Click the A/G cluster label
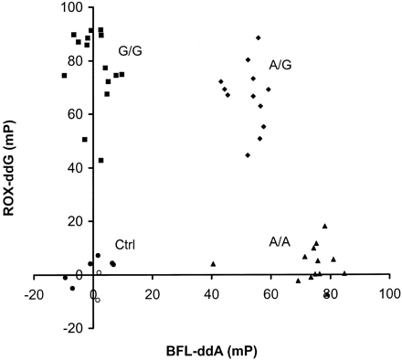click(x=280, y=66)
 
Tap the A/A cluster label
click(x=280, y=242)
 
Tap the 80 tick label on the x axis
click(x=330, y=296)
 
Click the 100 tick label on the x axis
click(x=388, y=296)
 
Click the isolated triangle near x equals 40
click(x=213, y=264)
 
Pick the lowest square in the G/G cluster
click(x=100, y=160)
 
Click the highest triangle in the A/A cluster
click(x=324, y=226)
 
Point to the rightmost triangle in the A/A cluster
click(x=344, y=272)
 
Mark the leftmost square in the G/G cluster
click(x=64, y=75)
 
